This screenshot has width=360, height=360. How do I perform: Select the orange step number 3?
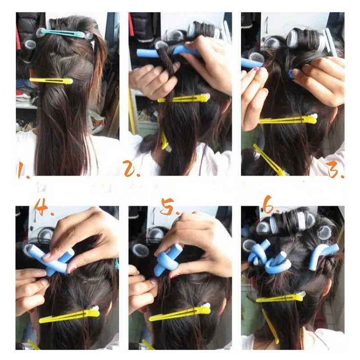[x=336, y=170]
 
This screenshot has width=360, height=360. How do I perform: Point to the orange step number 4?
[x=44, y=207]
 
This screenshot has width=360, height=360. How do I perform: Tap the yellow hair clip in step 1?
[x=51, y=81]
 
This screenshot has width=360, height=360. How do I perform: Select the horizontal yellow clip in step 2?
[x=184, y=99]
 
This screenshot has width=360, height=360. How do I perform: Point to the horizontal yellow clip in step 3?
[x=288, y=119]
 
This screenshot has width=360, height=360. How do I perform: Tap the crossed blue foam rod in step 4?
[x=52, y=258]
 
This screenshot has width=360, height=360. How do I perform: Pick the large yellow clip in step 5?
[x=180, y=312]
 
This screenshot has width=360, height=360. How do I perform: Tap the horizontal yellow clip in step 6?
[x=281, y=297]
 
